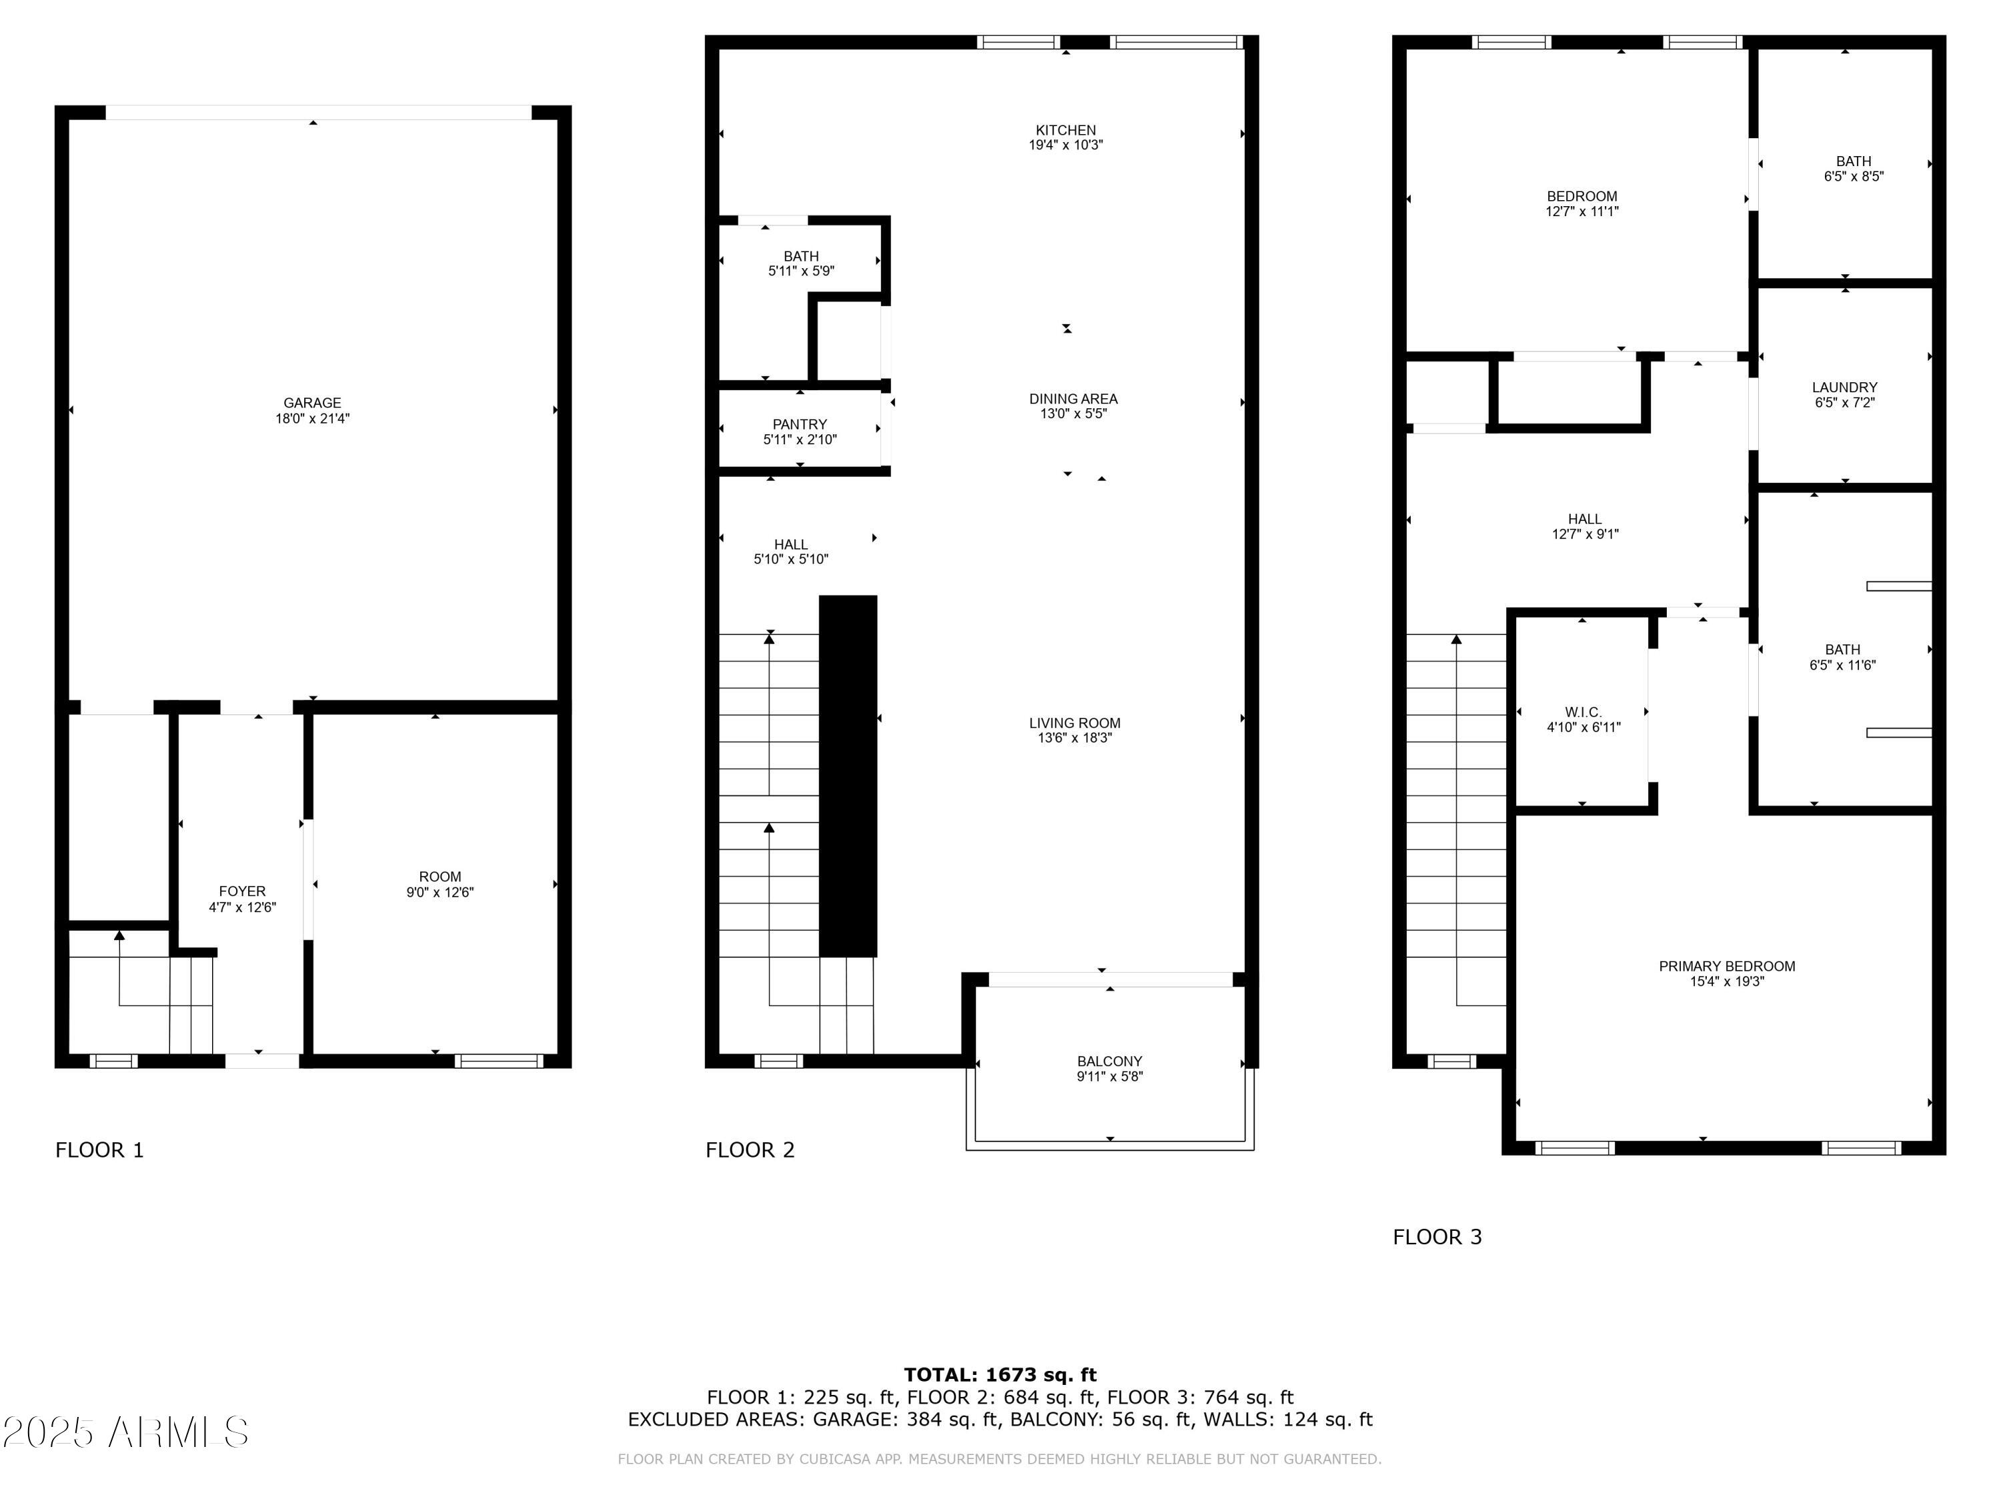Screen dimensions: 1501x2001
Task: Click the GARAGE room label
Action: (x=312, y=403)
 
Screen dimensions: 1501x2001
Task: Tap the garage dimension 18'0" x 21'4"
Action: (x=312, y=419)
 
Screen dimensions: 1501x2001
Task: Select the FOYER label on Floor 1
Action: (x=242, y=891)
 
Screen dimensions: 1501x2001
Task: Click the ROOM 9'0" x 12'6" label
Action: (x=440, y=884)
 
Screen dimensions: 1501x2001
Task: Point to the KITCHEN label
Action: (x=1066, y=130)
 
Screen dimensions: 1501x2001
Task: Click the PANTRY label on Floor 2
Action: (x=800, y=424)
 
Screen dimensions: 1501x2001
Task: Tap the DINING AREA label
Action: (x=1073, y=399)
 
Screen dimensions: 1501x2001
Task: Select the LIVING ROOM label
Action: (x=1075, y=723)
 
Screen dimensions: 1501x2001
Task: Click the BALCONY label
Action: (x=1109, y=1061)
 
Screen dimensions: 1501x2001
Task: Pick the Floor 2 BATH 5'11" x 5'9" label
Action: (x=800, y=264)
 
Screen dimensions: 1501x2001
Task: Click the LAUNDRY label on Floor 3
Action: (x=1844, y=387)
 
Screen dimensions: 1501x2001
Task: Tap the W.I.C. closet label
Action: (x=1583, y=712)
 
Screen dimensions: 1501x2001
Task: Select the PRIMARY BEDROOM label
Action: (x=1726, y=966)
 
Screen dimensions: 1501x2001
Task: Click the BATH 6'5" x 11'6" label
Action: (x=1842, y=657)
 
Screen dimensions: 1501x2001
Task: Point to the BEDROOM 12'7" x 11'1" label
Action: (x=1581, y=203)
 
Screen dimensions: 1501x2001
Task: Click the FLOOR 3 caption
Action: (x=1437, y=1237)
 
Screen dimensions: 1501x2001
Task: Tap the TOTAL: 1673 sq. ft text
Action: (x=1000, y=1375)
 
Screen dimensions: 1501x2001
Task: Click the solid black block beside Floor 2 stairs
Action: (x=848, y=775)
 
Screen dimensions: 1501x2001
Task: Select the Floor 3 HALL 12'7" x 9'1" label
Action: (x=1585, y=526)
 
